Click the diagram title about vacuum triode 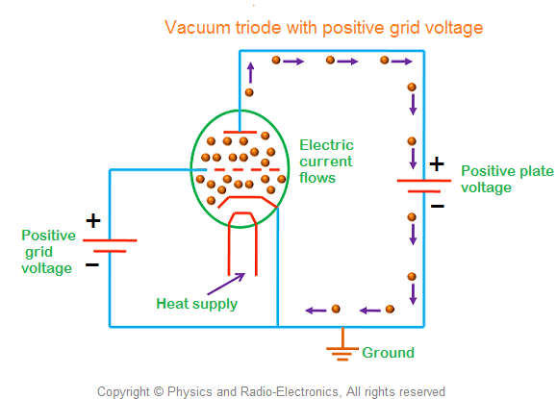tap(323, 28)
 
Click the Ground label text tap(388, 353)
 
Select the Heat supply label tap(196, 304)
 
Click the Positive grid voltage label tap(48, 251)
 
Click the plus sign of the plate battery tap(436, 164)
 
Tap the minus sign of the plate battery tap(437, 205)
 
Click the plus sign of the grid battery tap(93, 221)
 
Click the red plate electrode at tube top tap(240, 131)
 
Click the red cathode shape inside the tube tap(241, 198)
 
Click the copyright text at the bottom tap(271, 391)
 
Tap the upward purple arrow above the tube tap(249, 69)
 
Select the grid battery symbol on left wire tap(110, 245)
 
